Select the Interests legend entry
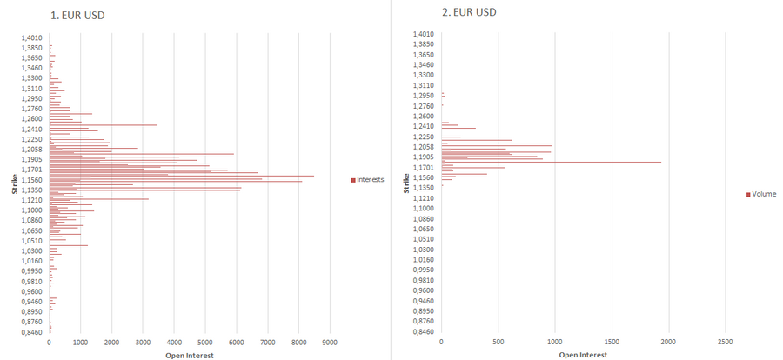pyautogui.click(x=369, y=180)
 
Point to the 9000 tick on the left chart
pyautogui.click(x=330, y=343)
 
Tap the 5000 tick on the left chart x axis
pyautogui.click(x=205, y=343)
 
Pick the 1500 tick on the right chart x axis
pyautogui.click(x=612, y=343)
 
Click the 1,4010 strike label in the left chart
pyautogui.click(x=32, y=37)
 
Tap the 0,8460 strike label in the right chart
pyautogui.click(x=422, y=331)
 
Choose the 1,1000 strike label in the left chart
pyautogui.click(x=32, y=210)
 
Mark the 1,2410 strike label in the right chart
pyautogui.click(x=422, y=126)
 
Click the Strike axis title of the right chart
pyautogui.click(x=407, y=183)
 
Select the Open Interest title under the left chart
pyautogui.click(x=190, y=355)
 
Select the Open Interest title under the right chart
pyautogui.click(x=583, y=355)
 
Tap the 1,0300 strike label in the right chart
pyautogui.click(x=422, y=250)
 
